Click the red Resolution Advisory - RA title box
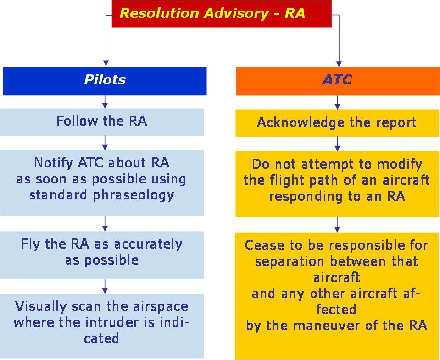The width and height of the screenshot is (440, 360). coord(221,14)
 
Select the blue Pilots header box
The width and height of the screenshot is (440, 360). coord(105,81)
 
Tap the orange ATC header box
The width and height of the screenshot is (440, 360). coord(337,81)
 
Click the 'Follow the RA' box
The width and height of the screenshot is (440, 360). coord(102,122)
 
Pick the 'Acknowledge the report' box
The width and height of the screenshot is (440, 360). coord(337,122)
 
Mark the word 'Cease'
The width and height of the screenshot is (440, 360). coord(262,245)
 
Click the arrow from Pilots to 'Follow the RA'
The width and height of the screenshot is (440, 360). coord(105,101)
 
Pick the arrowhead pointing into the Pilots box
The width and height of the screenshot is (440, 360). coord(106,62)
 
